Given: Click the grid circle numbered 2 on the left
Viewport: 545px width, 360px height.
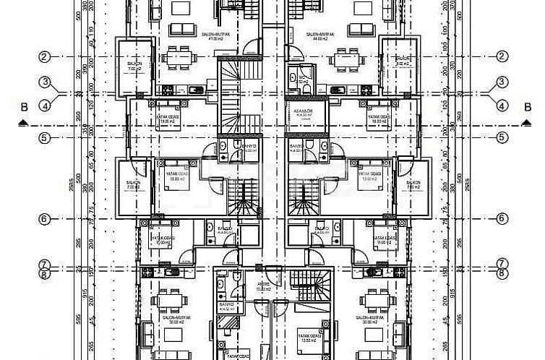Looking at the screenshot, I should pyautogui.click(x=44, y=57).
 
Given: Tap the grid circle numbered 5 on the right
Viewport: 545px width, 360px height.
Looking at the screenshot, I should pyautogui.click(x=501, y=137).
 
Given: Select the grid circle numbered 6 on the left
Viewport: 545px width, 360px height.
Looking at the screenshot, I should pyautogui.click(x=44, y=218).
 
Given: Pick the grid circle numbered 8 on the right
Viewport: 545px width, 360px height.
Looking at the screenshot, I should pyautogui.click(x=501, y=273).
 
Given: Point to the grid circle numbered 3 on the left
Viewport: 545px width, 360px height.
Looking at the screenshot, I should pyautogui.click(x=44, y=82).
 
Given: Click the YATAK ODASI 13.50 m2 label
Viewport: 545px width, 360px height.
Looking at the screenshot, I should pyautogui.click(x=312, y=335).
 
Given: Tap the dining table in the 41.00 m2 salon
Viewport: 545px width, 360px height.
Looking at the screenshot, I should pyautogui.click(x=178, y=55).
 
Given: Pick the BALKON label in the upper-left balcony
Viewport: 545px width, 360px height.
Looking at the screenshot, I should pyautogui.click(x=134, y=65).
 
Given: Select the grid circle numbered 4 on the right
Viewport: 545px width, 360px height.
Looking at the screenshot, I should pyautogui.click(x=501, y=106).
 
